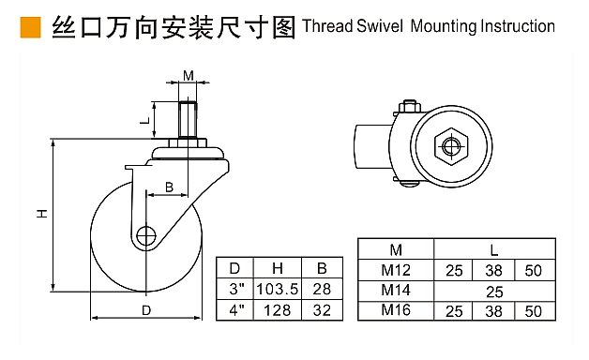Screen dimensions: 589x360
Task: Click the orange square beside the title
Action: [30, 27]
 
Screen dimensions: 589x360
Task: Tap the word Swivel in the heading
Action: [380, 26]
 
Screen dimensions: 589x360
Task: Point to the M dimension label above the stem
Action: [189, 75]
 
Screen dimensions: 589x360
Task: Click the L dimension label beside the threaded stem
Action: [145, 121]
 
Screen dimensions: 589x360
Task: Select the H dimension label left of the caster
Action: [42, 213]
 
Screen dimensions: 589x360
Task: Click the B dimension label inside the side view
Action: [170, 187]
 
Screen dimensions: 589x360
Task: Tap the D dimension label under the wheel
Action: [146, 310]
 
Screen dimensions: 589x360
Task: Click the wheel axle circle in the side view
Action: [146, 236]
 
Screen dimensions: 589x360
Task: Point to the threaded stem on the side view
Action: [188, 120]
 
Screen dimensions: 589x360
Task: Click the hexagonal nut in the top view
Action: [451, 146]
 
